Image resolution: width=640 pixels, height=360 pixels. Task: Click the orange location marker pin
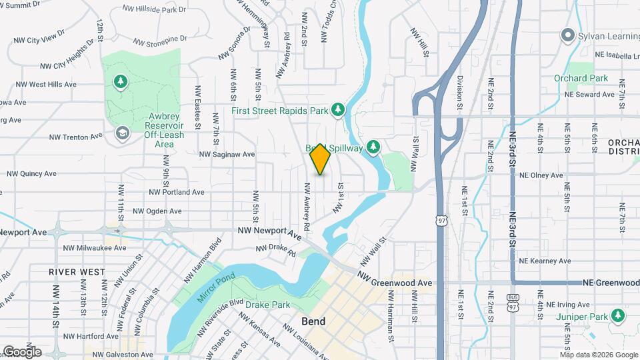(320, 159)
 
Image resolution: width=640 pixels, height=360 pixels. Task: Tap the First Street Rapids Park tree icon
(338, 109)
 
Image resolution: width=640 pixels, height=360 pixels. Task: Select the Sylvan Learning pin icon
(568, 35)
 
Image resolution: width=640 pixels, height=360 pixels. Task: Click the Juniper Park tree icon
(619, 315)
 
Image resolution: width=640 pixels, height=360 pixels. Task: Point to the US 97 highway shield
(442, 219)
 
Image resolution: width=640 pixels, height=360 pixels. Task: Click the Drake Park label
(267, 305)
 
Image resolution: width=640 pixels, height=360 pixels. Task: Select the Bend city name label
(313, 321)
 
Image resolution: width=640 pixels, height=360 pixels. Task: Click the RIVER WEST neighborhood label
(77, 272)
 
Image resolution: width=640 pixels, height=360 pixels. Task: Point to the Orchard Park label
(581, 78)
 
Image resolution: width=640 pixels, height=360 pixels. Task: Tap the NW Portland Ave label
(177, 192)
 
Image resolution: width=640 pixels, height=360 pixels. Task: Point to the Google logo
(22, 351)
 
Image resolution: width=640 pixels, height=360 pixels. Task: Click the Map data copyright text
(599, 354)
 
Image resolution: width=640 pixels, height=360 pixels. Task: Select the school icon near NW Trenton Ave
(121, 134)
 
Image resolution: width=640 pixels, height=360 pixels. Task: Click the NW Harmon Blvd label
(205, 254)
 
